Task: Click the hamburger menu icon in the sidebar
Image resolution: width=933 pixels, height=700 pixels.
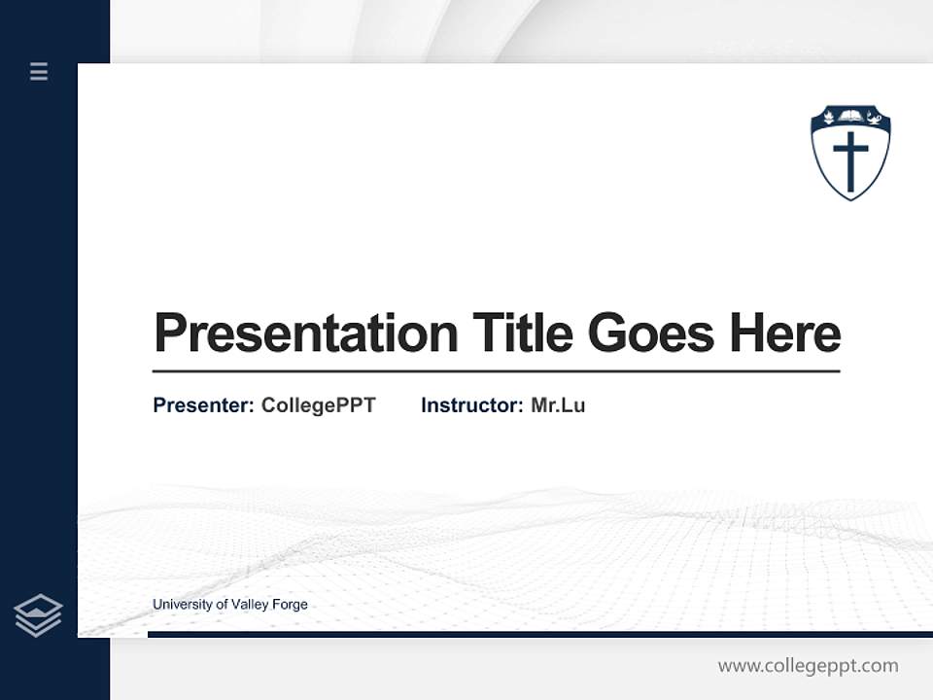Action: (39, 71)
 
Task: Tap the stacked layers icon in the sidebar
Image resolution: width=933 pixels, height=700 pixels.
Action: (38, 615)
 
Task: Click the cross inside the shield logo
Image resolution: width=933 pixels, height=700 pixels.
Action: (850, 160)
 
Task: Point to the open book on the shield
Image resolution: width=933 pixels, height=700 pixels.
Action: (850, 118)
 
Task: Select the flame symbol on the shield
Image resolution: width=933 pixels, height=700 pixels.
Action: (829, 118)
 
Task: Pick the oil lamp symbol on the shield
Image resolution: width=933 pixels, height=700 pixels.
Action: (873, 119)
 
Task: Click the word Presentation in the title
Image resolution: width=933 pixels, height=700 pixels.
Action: (305, 333)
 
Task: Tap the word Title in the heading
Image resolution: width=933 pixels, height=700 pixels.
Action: (522, 333)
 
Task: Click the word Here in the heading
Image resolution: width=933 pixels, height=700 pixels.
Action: (785, 333)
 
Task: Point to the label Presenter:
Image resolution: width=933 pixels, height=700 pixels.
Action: (203, 405)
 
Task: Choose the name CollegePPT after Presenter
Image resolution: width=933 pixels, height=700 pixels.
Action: (318, 405)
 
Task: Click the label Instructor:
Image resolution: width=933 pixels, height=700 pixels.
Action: (471, 405)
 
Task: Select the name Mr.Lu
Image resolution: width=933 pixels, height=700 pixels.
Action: (558, 405)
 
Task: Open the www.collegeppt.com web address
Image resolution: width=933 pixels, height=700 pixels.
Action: (808, 666)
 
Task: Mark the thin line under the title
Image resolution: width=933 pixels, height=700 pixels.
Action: (496, 371)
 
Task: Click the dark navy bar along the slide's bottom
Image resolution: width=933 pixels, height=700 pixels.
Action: (539, 634)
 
